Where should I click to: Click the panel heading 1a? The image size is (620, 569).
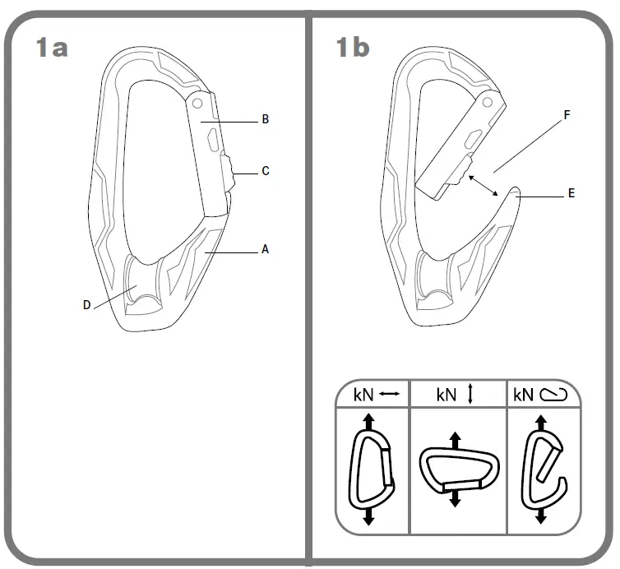pos(51,47)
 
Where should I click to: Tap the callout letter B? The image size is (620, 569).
pos(266,120)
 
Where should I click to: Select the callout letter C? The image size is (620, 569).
pos(266,171)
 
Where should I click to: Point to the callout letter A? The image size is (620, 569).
pos(265,249)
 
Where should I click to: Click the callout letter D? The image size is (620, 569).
pos(86,305)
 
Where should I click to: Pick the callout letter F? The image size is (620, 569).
pos(567,117)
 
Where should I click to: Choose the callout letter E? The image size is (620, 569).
pos(571,194)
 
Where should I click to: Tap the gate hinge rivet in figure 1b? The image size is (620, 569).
pos(487,103)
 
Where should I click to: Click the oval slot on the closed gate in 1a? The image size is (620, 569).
pos(213,140)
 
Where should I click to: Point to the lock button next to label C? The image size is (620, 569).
pos(226,171)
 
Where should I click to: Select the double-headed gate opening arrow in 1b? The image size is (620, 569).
pos(484,185)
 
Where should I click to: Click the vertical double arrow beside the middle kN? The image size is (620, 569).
pos(471,395)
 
